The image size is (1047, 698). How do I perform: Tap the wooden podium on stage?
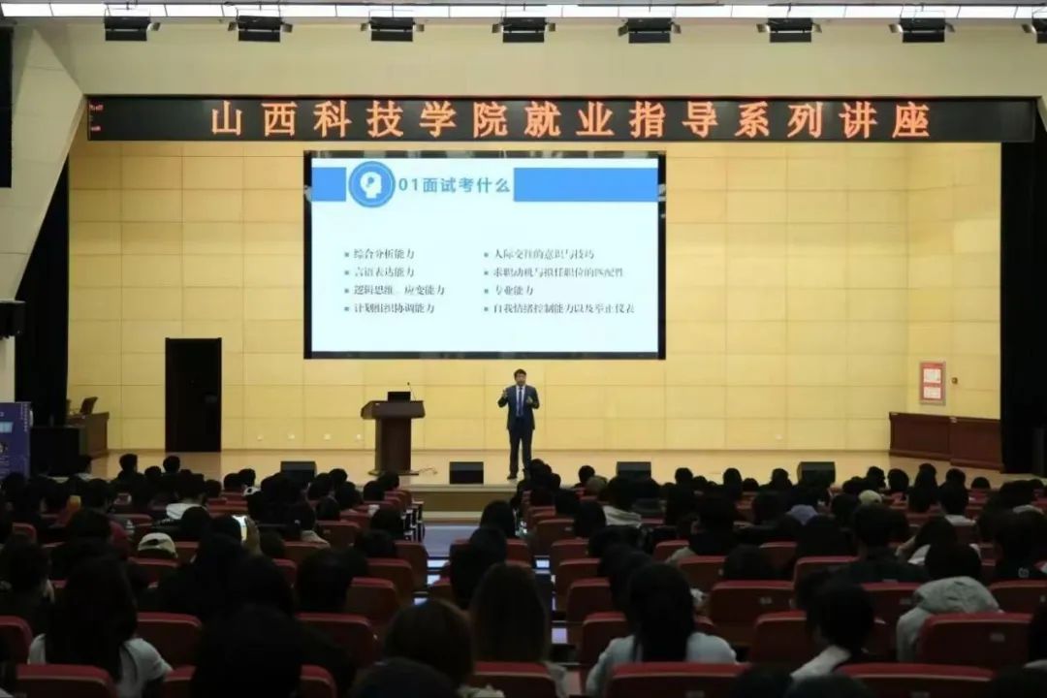pyautogui.click(x=393, y=433)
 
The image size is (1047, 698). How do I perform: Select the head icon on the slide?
pyautogui.click(x=371, y=183)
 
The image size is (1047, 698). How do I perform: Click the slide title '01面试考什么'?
pyautogui.click(x=455, y=183)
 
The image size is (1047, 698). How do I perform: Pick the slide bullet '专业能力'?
pyautogui.click(x=508, y=290)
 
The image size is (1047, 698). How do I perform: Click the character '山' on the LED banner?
pyautogui.click(x=227, y=120)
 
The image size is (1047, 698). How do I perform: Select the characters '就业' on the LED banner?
pyautogui.click(x=568, y=120)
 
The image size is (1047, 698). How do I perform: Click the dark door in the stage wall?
pyautogui.click(x=193, y=395)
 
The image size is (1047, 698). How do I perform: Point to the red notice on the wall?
pyautogui.click(x=932, y=382)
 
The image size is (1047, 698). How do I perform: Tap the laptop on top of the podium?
pyautogui.click(x=398, y=396)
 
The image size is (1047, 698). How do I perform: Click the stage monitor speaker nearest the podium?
pyautogui.click(x=465, y=472)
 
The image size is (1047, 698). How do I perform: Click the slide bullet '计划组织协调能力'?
pyautogui.click(x=389, y=308)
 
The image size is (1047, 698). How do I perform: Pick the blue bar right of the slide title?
pyautogui.click(x=586, y=184)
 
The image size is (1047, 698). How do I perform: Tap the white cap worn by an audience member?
pyautogui.click(x=156, y=544)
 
